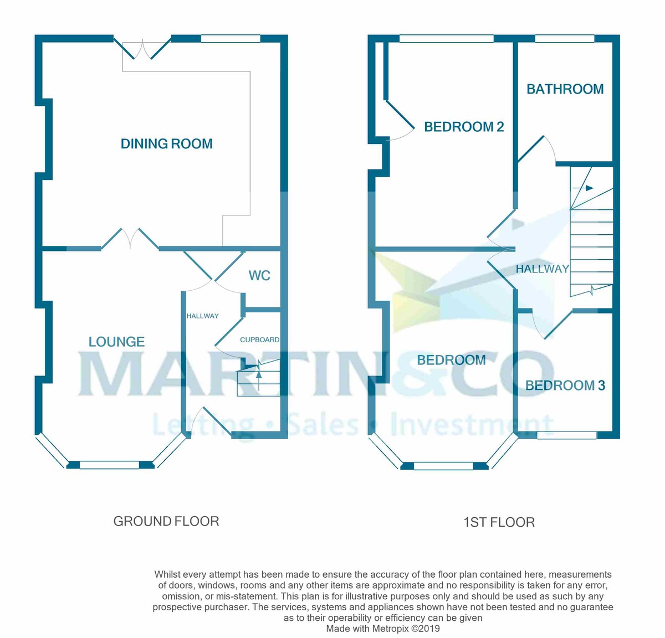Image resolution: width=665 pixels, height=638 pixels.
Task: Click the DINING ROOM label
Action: pos(167,144)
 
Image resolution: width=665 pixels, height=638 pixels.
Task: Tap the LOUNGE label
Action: pos(116,342)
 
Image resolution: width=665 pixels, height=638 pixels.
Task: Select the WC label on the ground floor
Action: pos(259,275)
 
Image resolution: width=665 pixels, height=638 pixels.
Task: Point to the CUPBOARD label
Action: pos(259,339)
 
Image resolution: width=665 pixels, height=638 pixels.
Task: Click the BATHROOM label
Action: pos(565,89)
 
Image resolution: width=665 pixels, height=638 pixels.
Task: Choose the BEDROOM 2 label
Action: pos(464,127)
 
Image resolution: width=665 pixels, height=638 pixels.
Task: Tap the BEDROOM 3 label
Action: pos(565,385)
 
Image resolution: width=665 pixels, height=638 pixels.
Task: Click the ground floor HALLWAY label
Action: pos(202,316)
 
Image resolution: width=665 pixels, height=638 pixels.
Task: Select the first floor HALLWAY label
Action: pos(542,269)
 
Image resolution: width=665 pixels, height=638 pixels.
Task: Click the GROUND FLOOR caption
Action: pos(166,521)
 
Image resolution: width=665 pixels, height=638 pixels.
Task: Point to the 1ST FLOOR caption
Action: pos(499,522)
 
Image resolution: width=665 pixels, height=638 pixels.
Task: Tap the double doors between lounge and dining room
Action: pos(130,238)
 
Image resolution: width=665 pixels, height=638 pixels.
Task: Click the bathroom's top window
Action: pos(565,39)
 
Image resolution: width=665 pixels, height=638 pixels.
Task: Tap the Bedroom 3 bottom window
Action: pos(566,435)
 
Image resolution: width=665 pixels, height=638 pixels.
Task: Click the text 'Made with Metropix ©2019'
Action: pos(382,629)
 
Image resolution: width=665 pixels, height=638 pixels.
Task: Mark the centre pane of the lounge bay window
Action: pos(109,465)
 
